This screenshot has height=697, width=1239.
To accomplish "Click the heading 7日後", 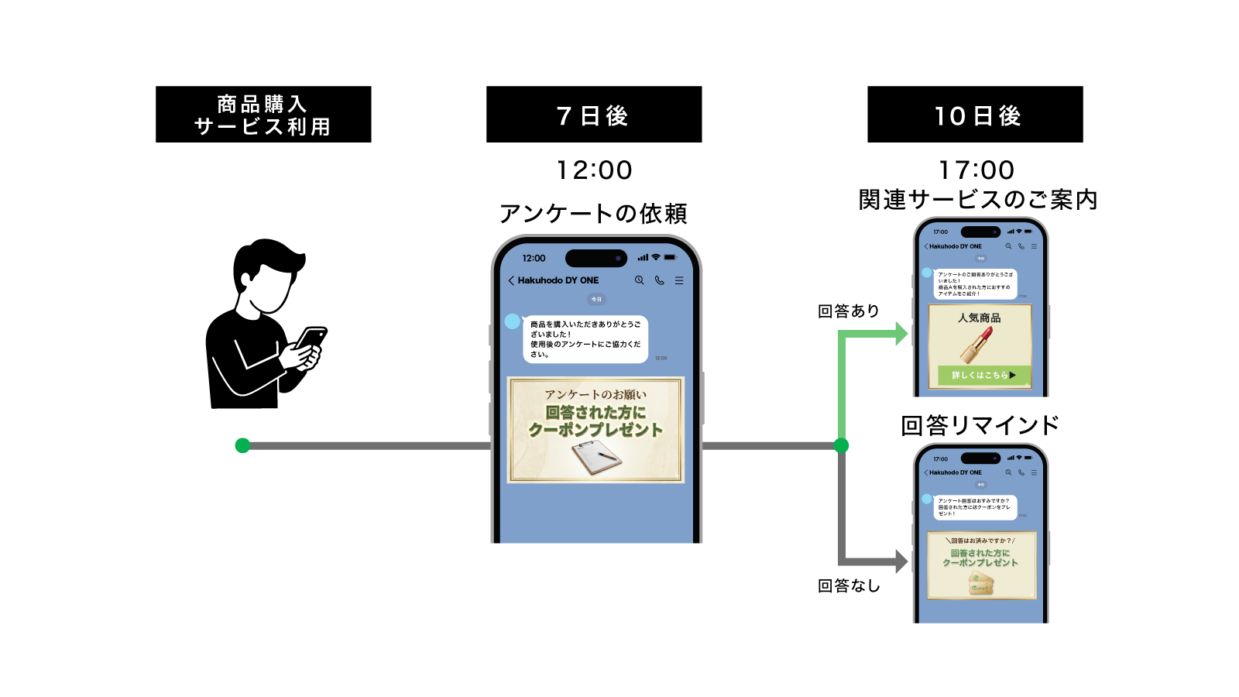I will [x=592, y=116].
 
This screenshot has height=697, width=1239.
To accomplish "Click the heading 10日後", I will [x=978, y=116].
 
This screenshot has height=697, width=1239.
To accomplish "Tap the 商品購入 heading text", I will [x=262, y=104].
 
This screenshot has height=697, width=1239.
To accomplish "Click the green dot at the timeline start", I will [x=242, y=445].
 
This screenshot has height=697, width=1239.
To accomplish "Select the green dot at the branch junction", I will [x=842, y=445].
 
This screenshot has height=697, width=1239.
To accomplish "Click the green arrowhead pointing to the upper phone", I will [x=901, y=334].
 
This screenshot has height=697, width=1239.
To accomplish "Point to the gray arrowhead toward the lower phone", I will [x=901, y=561].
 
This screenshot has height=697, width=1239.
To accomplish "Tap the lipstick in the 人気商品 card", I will [x=977, y=344].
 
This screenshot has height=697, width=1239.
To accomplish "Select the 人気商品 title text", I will [x=980, y=318].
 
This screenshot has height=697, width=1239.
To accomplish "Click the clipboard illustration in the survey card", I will [x=595, y=458].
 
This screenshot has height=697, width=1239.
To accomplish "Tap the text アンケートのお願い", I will [x=595, y=394].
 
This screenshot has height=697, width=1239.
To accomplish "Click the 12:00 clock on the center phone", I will [x=534, y=258].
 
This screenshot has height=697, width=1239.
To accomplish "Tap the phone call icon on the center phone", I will [x=659, y=280].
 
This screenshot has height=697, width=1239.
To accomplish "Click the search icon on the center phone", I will [x=640, y=280].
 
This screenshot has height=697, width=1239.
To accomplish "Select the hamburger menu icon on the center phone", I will [x=679, y=280].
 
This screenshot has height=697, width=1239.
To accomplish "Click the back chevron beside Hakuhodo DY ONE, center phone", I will [x=511, y=280].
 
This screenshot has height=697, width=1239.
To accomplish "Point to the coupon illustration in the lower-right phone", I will [x=980, y=585].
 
